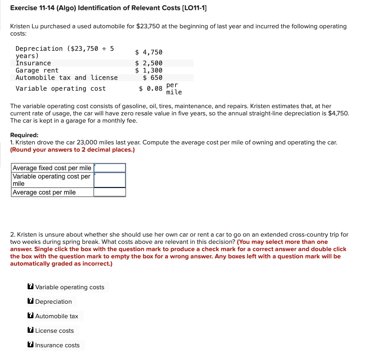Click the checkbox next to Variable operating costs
point(31,287)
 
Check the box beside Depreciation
point(31,302)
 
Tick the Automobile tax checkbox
point(31,316)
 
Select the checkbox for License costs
point(31,331)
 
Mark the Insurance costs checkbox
point(31,345)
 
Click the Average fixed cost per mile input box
point(110,168)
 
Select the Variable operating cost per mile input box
point(110,180)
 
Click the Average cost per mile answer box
point(110,192)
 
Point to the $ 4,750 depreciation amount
point(149,52)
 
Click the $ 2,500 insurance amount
point(149,63)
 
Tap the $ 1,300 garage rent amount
point(149,70)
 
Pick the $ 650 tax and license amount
point(153,78)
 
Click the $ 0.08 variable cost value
point(150,89)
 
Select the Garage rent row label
point(37,70)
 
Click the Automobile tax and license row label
point(66,78)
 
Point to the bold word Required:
point(24,135)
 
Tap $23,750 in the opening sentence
point(149,26)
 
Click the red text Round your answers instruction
point(73,150)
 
